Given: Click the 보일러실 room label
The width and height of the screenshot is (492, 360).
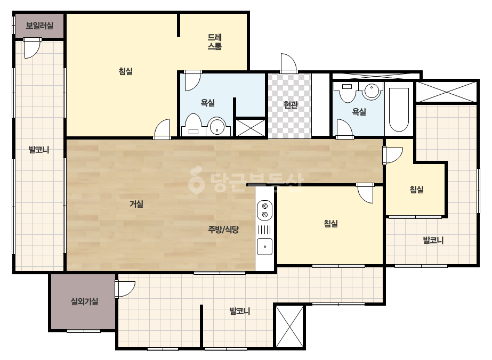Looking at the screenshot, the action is click(39, 26).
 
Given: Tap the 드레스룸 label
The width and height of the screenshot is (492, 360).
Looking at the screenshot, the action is click(215, 42).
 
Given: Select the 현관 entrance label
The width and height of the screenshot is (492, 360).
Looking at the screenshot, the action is click(291, 104).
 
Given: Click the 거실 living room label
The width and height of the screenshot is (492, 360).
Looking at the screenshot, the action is click(136, 204).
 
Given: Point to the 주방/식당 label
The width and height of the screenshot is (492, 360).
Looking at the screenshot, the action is click(223, 230).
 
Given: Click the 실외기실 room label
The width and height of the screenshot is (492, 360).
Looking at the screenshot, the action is click(84, 301).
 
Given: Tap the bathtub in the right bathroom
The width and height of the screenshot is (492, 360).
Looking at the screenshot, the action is click(399, 110).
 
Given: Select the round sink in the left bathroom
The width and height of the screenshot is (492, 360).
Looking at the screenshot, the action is click(216, 126).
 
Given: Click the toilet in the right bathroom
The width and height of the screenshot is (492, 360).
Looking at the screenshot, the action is click(347, 92).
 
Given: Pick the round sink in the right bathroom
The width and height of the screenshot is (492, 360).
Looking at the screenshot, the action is click(372, 91).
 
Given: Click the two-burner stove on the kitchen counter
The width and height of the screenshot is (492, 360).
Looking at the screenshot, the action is click(264, 210).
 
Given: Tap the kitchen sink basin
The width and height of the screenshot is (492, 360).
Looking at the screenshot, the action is click(264, 246).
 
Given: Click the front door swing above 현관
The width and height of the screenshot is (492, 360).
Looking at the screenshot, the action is click(289, 63).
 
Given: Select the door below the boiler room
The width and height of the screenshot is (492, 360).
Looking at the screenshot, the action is click(32, 48).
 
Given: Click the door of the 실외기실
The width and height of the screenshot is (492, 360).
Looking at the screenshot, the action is click(125, 289).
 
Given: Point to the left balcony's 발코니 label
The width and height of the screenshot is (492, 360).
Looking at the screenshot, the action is click(39, 150).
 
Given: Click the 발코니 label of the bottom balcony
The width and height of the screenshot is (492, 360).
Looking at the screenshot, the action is click(240, 312).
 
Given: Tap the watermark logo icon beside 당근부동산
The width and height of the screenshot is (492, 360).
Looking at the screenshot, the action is click(197, 180).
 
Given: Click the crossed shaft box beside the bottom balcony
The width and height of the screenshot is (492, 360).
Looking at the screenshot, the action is click(289, 326).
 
